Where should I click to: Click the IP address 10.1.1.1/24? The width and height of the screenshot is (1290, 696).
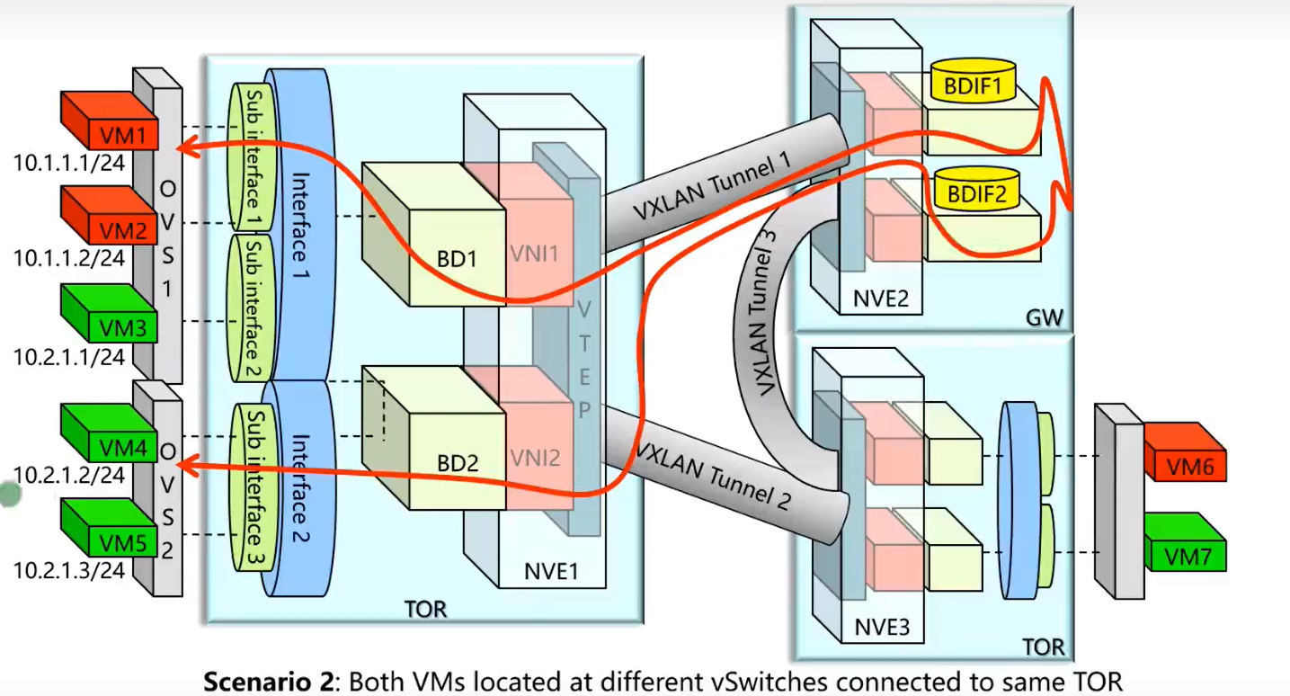pyautogui.click(x=68, y=163)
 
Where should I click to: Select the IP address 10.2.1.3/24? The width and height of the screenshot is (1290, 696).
pyautogui.click(x=68, y=571)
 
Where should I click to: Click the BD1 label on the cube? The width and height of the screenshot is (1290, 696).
pyautogui.click(x=457, y=260)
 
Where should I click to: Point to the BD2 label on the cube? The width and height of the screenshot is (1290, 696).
pyautogui.click(x=457, y=464)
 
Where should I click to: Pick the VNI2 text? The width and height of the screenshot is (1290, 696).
pyautogui.click(x=535, y=459)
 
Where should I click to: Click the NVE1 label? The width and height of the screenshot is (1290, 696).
pyautogui.click(x=550, y=570)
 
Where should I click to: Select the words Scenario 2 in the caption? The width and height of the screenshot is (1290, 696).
pyautogui.click(x=270, y=682)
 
